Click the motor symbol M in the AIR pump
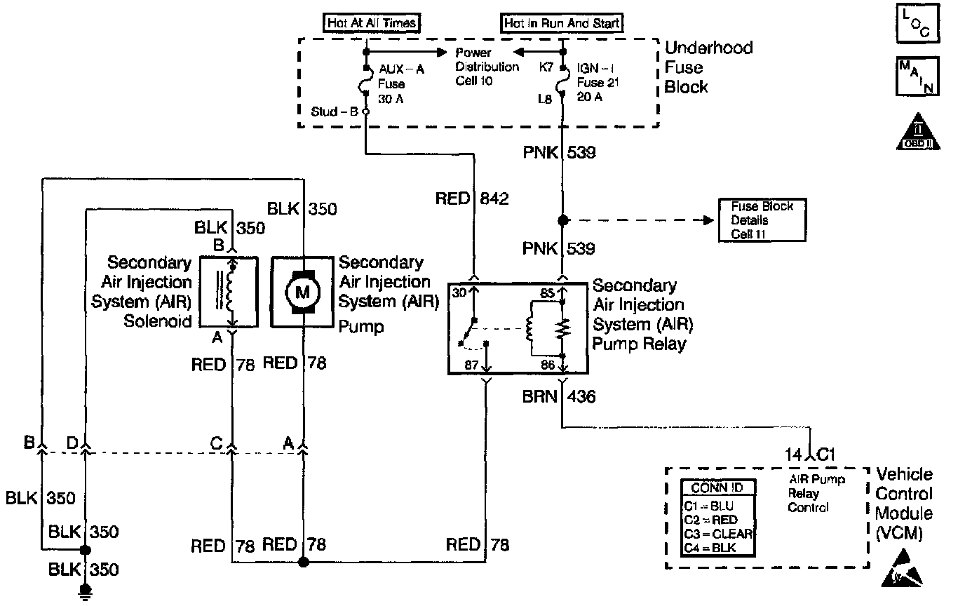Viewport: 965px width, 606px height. (x=302, y=291)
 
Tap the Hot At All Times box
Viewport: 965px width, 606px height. (x=372, y=23)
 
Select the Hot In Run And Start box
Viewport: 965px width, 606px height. (x=562, y=23)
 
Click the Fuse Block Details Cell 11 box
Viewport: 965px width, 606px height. (x=762, y=220)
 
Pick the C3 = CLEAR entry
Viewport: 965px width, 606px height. (x=717, y=534)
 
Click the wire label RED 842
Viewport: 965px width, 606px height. (x=471, y=199)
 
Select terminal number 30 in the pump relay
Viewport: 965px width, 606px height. (x=459, y=293)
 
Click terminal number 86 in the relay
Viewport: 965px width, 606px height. (x=548, y=365)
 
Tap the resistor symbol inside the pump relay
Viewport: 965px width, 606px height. (x=562, y=329)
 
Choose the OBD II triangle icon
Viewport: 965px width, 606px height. (x=919, y=131)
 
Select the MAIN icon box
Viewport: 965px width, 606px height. (x=917, y=76)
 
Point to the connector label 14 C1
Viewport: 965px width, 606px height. (x=811, y=454)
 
